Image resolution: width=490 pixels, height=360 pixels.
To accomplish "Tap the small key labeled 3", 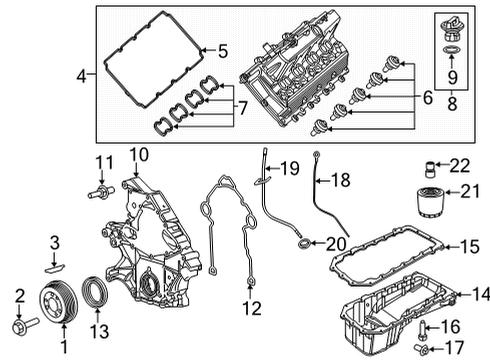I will (x=57, y=267).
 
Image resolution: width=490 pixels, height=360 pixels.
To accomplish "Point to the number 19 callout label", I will (x=290, y=166).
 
